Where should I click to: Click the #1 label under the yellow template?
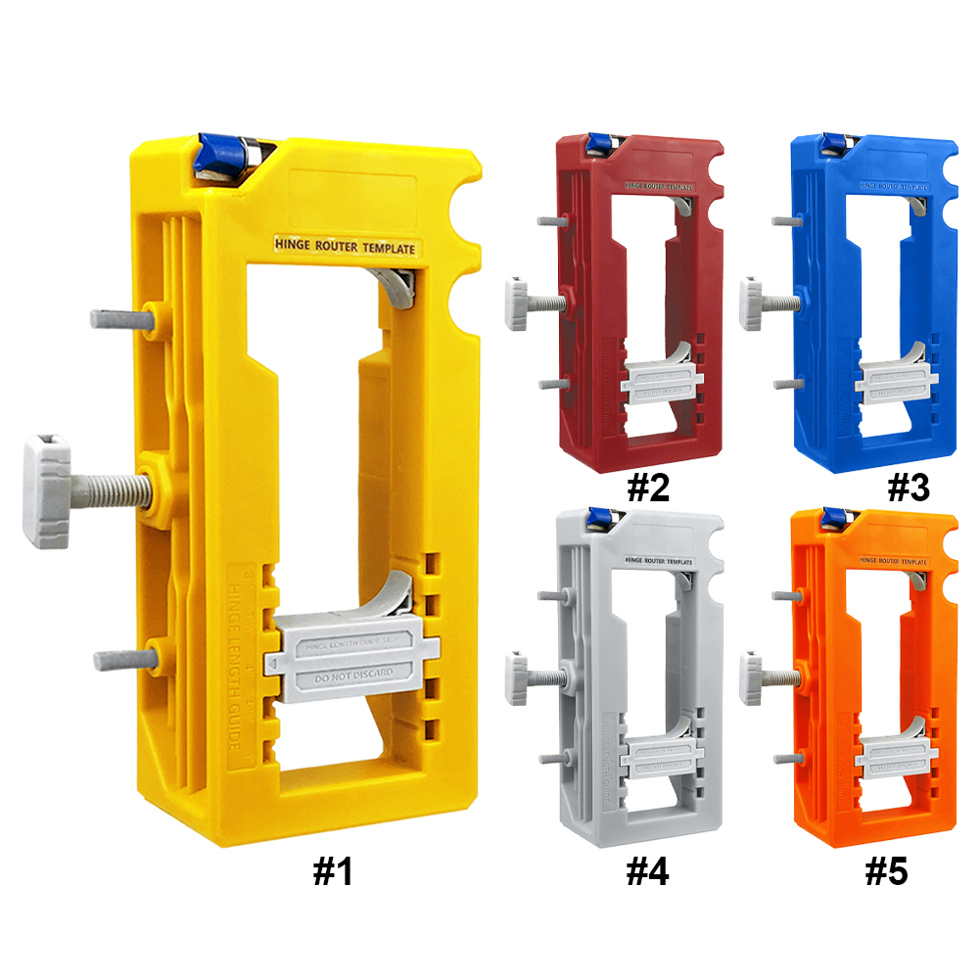point(333,871)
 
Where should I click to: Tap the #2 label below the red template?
point(647,487)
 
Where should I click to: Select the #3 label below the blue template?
point(907,487)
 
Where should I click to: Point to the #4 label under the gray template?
point(647,871)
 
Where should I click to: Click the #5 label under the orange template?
point(886,871)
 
